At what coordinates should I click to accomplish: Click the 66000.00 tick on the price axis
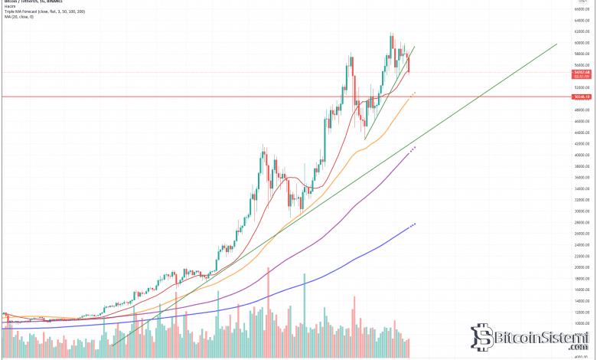point(583,9)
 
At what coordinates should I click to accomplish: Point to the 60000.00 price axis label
point(583,43)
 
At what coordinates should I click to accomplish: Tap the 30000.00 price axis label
point(583,211)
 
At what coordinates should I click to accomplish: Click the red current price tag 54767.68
point(583,72)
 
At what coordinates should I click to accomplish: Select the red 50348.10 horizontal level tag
point(583,97)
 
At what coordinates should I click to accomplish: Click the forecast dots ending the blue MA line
point(414,224)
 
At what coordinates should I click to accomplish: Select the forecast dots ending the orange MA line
point(413,93)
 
